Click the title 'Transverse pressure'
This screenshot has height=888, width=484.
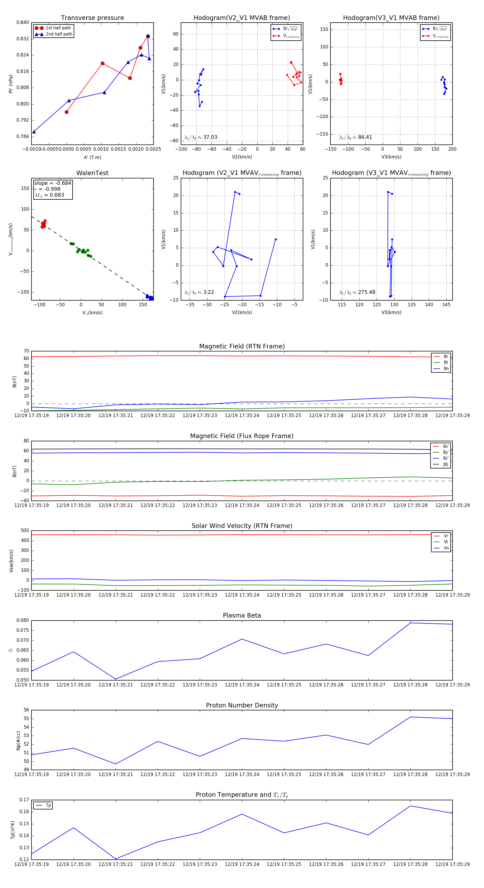92,18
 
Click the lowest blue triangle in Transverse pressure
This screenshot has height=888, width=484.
34,132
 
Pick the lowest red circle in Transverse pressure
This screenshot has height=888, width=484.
66,112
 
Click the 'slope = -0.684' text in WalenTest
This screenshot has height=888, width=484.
53,183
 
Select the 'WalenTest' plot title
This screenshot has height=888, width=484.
92,173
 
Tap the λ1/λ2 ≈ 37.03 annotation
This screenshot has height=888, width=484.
201,137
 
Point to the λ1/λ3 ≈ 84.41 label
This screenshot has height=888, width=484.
355,137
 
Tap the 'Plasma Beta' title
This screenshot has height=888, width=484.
242,615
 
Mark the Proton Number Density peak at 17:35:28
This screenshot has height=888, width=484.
410,717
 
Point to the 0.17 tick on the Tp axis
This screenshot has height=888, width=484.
24,800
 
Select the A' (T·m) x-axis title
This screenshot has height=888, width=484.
92,157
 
